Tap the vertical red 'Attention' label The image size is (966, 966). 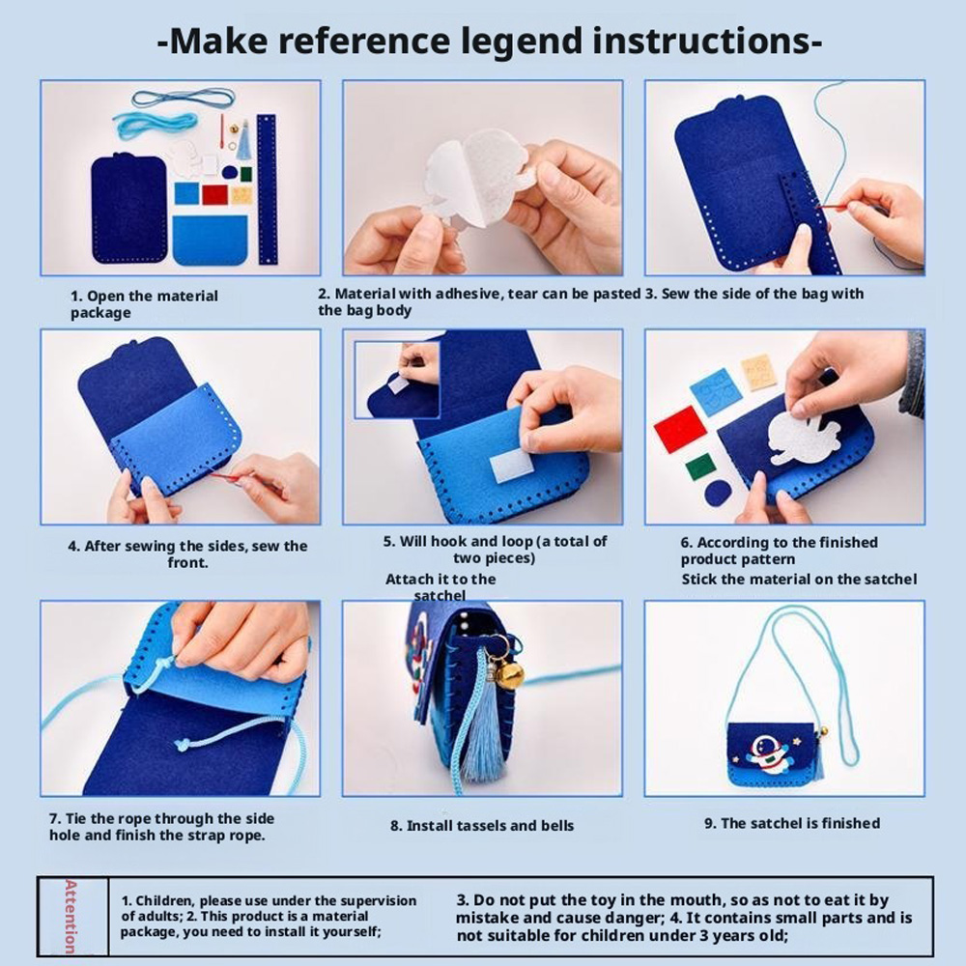coord(71,916)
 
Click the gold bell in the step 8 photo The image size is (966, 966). coord(509,676)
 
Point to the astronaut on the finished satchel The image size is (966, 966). coord(766,753)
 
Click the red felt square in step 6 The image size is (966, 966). coord(679,428)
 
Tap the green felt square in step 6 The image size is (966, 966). coord(700,467)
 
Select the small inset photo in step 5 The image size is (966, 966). coord(397,380)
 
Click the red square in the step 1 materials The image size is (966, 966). coord(215,194)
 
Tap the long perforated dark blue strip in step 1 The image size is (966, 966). coord(267,188)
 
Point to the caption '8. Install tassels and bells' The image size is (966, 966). coord(482,826)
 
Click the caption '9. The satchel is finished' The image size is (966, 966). coord(792,823)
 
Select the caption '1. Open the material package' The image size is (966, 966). coord(144,303)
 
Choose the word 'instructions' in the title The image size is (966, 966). coord(702,42)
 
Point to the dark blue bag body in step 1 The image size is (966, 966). coord(129,209)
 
